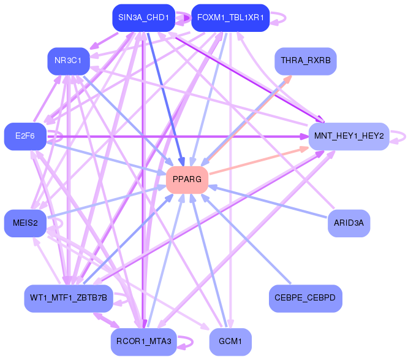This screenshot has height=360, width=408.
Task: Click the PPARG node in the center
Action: point(187,180)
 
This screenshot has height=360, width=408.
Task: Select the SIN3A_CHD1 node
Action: point(143,18)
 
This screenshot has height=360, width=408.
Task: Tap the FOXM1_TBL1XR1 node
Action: point(230,18)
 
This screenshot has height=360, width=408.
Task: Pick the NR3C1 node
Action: point(69,61)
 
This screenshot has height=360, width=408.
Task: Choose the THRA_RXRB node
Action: point(306,61)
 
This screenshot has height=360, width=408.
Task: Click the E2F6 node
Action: point(25,136)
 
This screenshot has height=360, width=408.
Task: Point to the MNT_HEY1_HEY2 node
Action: point(349,136)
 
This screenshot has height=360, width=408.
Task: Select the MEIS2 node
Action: point(25,223)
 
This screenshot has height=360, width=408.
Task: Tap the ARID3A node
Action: point(349,223)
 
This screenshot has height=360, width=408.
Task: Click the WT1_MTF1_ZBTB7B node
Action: point(69,298)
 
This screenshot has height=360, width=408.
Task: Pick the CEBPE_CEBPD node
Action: point(306,298)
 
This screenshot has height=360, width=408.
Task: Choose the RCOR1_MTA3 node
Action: point(143,342)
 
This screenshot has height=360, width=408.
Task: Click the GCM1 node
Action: point(230,342)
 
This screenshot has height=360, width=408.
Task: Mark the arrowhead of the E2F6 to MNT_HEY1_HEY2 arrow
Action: point(304,136)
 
